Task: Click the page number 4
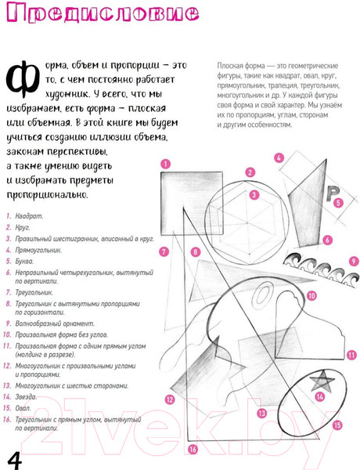click(x=15, y=457)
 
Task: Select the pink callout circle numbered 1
click(x=165, y=164)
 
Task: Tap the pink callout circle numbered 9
click(x=354, y=261)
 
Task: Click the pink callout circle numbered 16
click(x=193, y=450)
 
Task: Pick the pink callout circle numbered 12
click(x=169, y=399)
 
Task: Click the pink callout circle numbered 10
click(x=311, y=296)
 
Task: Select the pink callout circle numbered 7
click(x=164, y=251)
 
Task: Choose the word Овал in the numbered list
click(x=23, y=408)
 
